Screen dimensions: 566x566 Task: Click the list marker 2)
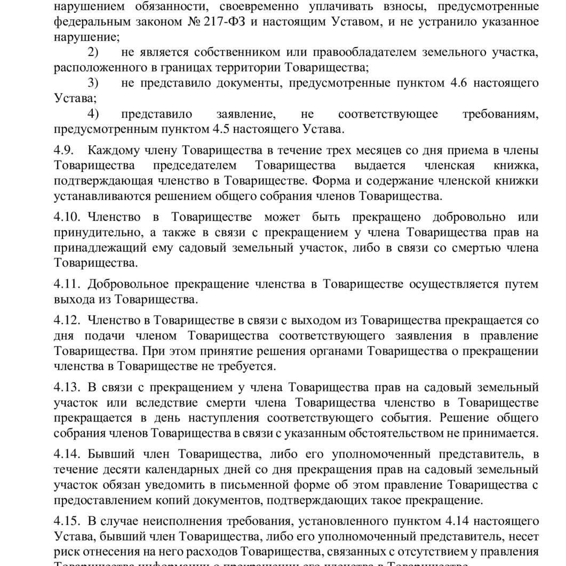click(x=93, y=52)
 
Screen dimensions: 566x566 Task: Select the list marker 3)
click(x=93, y=83)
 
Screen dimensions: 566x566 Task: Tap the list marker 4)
click(x=93, y=114)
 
